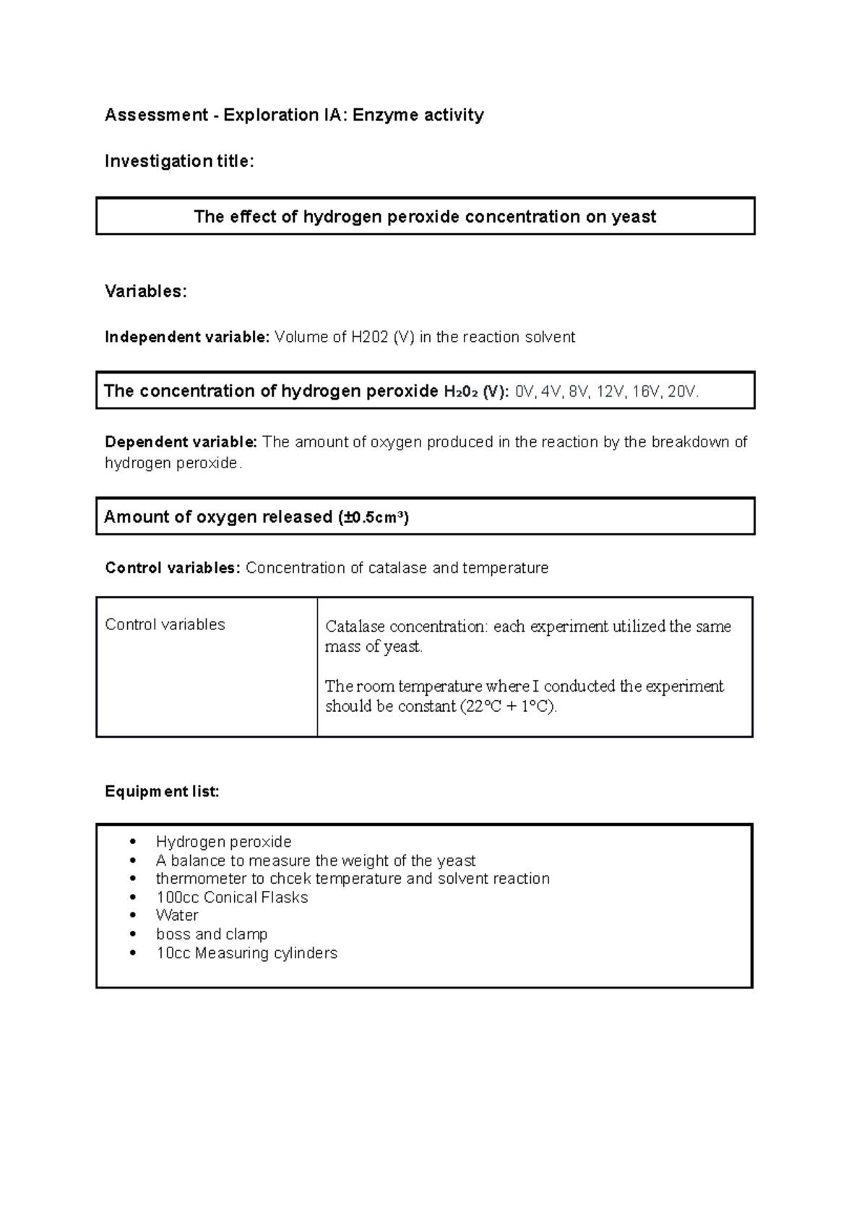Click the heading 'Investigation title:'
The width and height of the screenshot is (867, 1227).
179,161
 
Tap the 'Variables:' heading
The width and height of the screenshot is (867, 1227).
146,291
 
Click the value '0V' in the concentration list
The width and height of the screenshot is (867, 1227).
524,392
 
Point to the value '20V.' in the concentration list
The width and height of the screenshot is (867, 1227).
683,392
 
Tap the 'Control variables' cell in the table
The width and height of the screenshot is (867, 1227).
165,624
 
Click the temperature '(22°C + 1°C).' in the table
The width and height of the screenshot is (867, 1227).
509,707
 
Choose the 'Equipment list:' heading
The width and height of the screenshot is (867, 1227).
162,792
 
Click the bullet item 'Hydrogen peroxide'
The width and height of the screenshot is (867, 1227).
223,842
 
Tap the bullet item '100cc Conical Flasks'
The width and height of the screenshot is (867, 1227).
232,897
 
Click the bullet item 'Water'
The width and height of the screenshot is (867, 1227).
177,916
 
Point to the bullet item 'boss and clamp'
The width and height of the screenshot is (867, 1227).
212,934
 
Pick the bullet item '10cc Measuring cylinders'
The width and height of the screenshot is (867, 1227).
246,953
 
